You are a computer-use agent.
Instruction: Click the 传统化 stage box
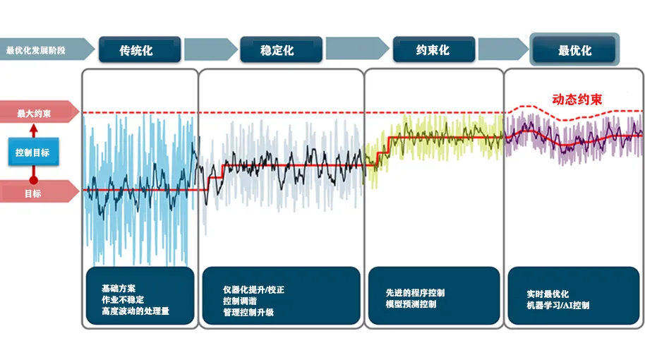pyautogui.click(x=140, y=50)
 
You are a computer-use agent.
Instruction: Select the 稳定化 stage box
pyautogui.click(x=282, y=50)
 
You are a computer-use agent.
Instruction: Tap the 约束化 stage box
pyautogui.click(x=434, y=49)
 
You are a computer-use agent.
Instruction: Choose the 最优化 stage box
pyautogui.click(x=574, y=50)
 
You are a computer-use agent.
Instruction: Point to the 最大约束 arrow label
pyautogui.click(x=40, y=112)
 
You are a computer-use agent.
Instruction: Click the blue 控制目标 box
pyautogui.click(x=33, y=152)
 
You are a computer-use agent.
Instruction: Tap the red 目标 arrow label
pyautogui.click(x=40, y=192)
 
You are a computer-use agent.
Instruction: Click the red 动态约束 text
pyautogui.click(x=577, y=99)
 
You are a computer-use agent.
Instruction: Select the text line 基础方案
pyautogui.click(x=118, y=289)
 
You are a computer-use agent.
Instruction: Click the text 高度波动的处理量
pyautogui.click(x=135, y=311)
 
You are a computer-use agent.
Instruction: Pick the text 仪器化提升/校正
pyautogui.click(x=253, y=289)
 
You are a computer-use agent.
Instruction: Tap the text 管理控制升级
pyautogui.click(x=248, y=312)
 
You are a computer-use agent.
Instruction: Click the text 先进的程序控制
pyautogui.click(x=415, y=293)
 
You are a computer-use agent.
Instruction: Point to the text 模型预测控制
pyautogui.click(x=411, y=304)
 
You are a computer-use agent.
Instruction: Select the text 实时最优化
pyautogui.click(x=548, y=294)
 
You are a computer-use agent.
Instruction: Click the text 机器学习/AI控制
pyautogui.click(x=557, y=305)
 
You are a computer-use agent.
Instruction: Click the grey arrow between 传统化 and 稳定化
pyautogui.click(x=210, y=49)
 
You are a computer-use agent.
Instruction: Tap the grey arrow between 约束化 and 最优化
pyautogui.click(x=503, y=49)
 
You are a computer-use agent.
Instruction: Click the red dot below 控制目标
pyautogui.click(x=34, y=180)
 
